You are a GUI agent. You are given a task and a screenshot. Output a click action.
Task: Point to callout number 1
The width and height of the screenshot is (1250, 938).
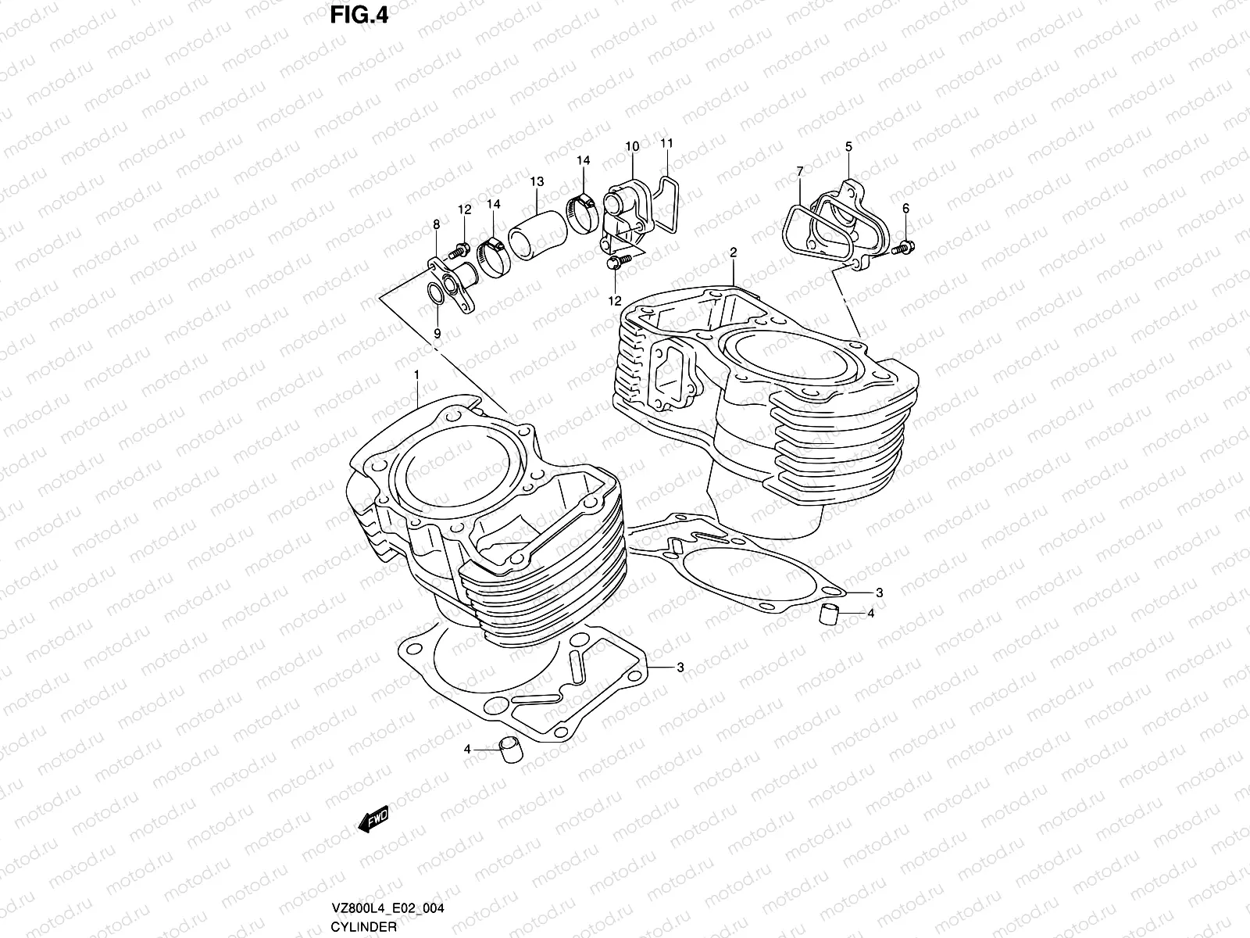[x=417, y=374]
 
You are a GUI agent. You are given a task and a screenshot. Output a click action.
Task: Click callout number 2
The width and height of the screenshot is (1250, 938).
[x=734, y=252]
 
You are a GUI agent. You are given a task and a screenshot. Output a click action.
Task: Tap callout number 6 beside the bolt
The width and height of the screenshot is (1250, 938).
[x=905, y=208]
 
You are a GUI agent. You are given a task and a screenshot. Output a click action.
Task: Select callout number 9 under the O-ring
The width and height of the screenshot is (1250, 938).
[x=437, y=333]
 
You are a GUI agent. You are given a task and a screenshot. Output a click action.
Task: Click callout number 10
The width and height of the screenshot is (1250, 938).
[x=632, y=146]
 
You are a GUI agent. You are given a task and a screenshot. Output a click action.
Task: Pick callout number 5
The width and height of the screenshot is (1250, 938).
[x=848, y=146]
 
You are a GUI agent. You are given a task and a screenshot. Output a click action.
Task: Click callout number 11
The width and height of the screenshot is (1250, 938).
[x=666, y=143]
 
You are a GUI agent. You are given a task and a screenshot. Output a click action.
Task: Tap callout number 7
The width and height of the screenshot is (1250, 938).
[x=800, y=170]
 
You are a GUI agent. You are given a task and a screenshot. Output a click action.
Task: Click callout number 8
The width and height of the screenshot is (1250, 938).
[x=436, y=225]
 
